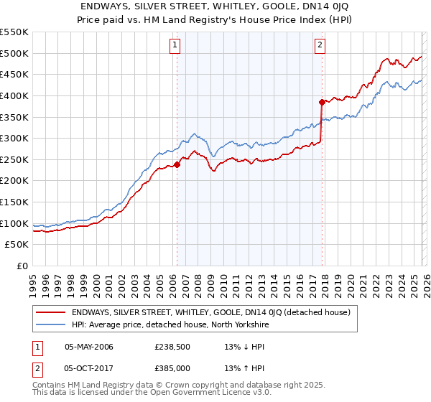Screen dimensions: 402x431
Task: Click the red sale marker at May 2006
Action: click(177, 164)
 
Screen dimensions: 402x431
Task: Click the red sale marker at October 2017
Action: click(322, 102)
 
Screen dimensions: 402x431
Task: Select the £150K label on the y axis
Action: click(14, 202)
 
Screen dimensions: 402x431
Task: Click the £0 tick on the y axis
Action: click(22, 266)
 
